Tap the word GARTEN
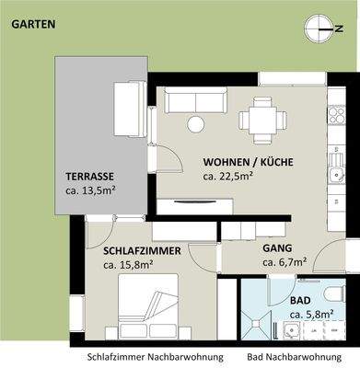(33, 25)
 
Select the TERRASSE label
(89, 176)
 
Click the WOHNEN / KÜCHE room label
(248, 162)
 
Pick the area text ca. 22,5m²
(228, 177)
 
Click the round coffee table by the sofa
(195, 124)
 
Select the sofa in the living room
(194, 101)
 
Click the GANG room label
(277, 248)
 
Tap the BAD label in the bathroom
(300, 301)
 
